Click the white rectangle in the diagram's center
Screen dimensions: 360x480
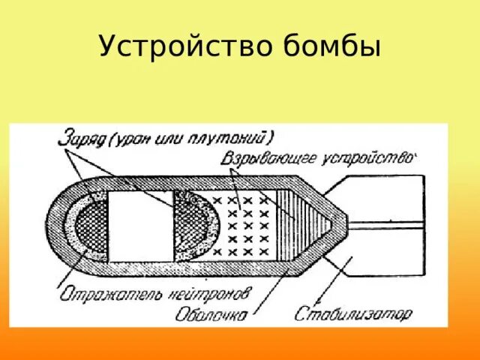click(141, 225)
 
